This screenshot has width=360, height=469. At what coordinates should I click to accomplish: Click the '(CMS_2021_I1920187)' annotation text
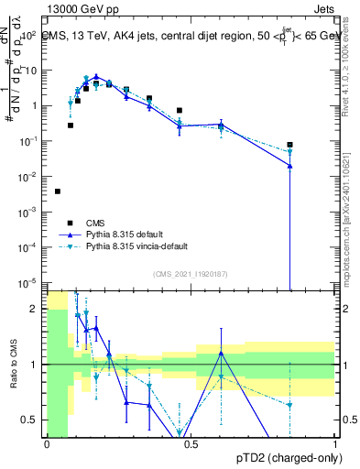190,274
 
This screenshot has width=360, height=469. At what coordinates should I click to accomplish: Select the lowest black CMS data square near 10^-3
58,191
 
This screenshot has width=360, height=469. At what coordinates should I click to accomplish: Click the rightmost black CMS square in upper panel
289,145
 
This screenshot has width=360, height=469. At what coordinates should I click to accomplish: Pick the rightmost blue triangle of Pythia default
289,166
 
